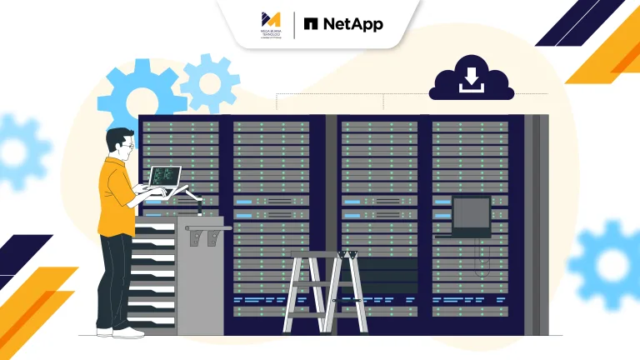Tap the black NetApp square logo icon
click(x=312, y=24)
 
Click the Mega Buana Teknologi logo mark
click(x=271, y=19)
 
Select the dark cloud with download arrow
click(x=471, y=82)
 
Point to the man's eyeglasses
click(x=127, y=147)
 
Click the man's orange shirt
click(x=114, y=197)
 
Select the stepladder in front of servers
click(x=326, y=292)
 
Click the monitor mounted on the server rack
click(x=471, y=215)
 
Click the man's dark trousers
click(x=113, y=279)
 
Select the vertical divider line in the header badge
click(x=294, y=23)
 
